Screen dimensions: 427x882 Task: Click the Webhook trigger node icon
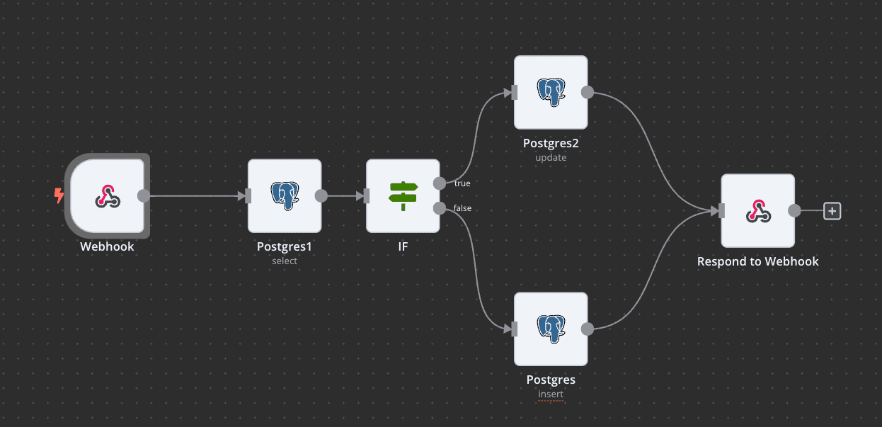(x=108, y=196)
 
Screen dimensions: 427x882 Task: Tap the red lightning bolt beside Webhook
(x=59, y=195)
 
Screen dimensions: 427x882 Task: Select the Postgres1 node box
(x=285, y=195)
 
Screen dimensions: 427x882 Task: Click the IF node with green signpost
(x=403, y=195)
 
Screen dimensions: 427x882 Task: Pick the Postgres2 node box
(x=551, y=92)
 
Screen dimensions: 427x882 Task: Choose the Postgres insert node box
(x=551, y=329)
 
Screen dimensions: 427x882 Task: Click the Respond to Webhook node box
(x=757, y=210)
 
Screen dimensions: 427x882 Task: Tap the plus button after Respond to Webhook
(x=832, y=210)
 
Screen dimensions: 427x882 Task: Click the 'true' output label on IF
(x=462, y=183)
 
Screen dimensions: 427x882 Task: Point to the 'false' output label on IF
(x=462, y=208)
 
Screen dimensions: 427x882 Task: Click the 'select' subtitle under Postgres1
(x=285, y=261)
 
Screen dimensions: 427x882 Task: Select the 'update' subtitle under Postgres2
(x=551, y=157)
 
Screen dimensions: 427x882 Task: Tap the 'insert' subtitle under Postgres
(x=551, y=394)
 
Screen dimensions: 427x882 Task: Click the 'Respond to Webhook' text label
(x=757, y=261)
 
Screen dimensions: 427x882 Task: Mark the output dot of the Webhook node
(x=143, y=196)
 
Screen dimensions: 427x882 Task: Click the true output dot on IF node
(x=439, y=183)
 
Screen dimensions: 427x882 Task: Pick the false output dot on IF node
(x=439, y=208)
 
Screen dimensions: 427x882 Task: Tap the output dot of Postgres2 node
(x=587, y=92)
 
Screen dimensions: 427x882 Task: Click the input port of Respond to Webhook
(x=721, y=210)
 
